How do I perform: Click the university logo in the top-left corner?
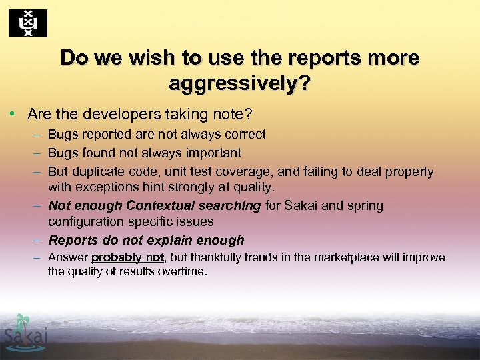(x=28, y=24)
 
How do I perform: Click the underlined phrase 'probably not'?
(x=128, y=258)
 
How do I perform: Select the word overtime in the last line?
(x=183, y=271)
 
